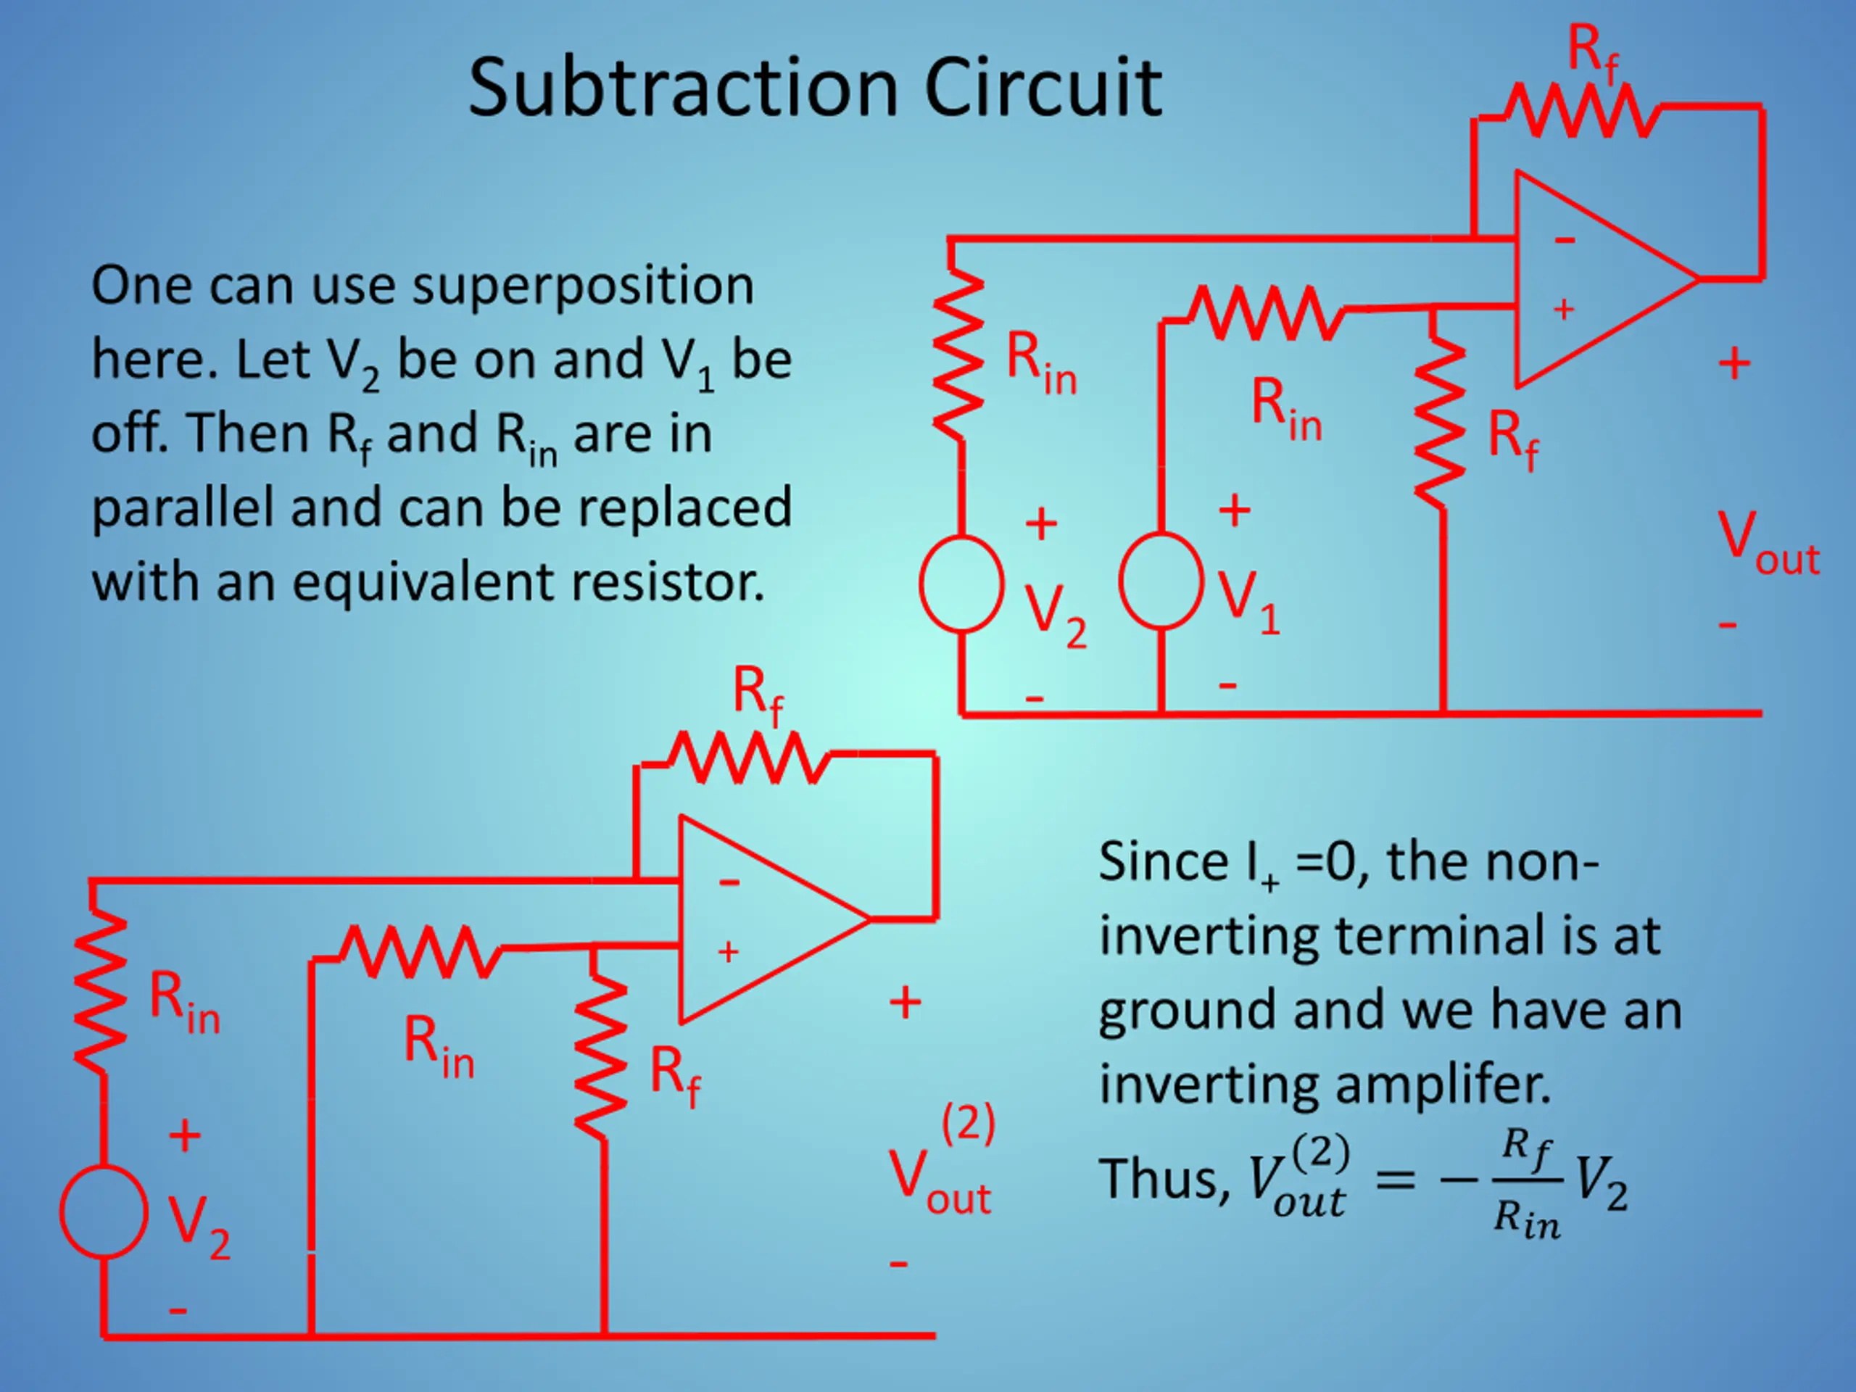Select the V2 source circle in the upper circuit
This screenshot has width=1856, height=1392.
point(961,584)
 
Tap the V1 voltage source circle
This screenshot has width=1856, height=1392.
point(1161,580)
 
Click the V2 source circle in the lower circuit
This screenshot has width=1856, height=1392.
point(104,1211)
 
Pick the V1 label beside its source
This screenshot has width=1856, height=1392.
point(1249,602)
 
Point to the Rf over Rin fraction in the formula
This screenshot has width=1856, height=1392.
point(1528,1184)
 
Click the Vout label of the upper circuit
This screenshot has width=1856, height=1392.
point(1768,544)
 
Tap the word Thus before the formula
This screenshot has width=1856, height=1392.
point(1164,1178)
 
